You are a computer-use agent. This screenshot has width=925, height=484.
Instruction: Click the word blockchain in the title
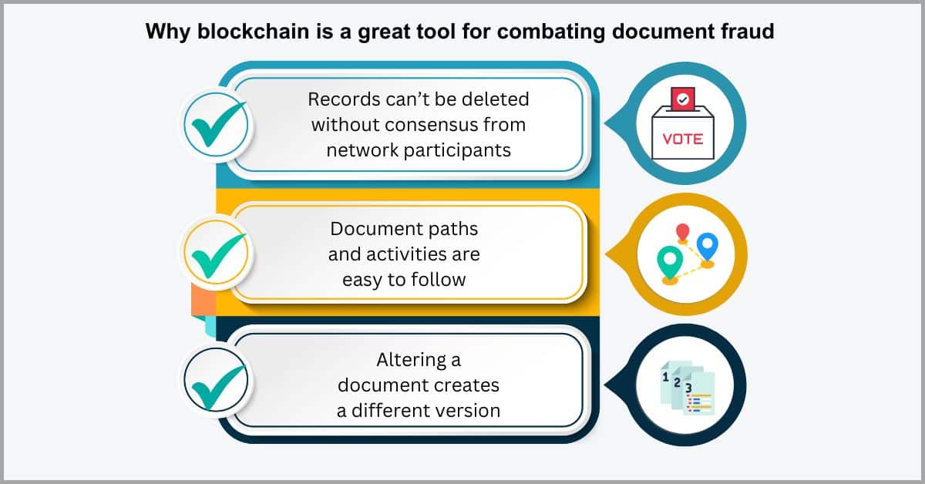pos(253,31)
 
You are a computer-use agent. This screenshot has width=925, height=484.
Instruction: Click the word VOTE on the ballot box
pos(683,139)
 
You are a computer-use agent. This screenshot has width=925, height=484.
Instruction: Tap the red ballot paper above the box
pos(683,99)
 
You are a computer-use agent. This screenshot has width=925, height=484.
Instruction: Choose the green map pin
pos(669,263)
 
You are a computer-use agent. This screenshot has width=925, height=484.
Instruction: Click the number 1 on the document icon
pos(665,377)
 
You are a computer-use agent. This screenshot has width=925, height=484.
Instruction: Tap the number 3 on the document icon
pos(688,388)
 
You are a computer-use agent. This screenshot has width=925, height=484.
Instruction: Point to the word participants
pos(457,151)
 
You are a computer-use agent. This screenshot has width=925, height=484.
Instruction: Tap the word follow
pos(440,280)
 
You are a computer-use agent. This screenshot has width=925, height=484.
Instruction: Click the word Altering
pos(412,361)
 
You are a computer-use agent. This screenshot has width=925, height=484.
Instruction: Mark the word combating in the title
pos(551,32)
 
